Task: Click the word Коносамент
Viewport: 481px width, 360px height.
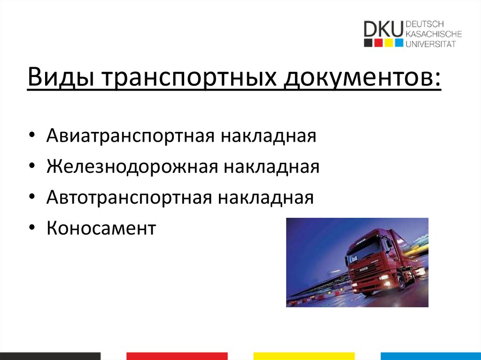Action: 101,228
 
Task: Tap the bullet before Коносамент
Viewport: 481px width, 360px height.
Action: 31,228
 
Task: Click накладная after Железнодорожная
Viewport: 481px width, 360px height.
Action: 271,167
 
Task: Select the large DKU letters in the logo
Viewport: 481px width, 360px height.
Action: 383,29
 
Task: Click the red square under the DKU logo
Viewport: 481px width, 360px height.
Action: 378,43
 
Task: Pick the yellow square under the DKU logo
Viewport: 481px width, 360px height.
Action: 388,43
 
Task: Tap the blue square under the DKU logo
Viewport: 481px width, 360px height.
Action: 399,43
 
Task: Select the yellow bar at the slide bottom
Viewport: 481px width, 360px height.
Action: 304,356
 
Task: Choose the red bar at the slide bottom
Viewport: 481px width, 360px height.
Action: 177,356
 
